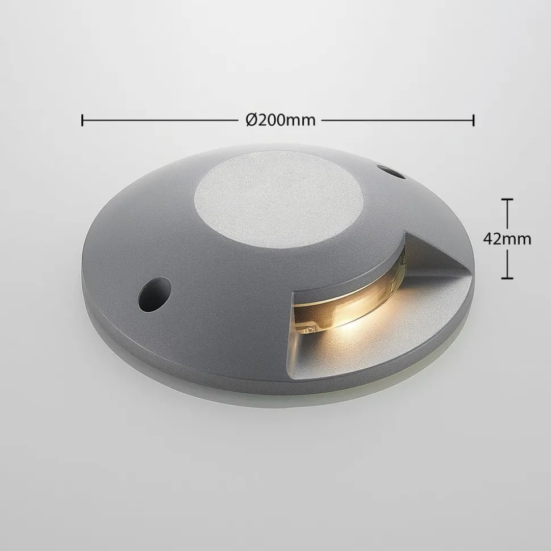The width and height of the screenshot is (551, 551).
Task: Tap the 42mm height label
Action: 507,239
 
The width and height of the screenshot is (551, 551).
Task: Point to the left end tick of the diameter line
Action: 83,120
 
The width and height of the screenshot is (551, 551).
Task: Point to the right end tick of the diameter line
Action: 473,120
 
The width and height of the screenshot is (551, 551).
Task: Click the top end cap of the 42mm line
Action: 507,200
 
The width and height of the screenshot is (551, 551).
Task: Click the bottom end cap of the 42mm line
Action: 507,278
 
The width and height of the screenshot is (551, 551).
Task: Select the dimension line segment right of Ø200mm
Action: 398,120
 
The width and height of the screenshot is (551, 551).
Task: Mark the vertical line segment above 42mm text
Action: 507,214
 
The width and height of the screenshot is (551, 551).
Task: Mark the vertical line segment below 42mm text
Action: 507,264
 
